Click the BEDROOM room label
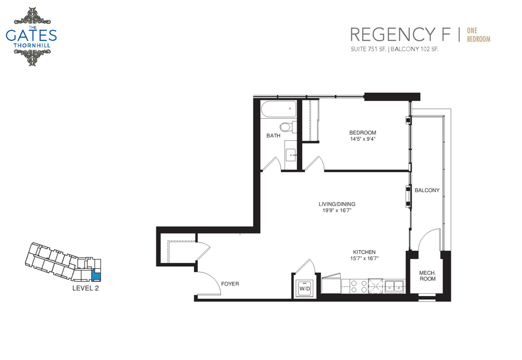362,133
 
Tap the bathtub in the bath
278,109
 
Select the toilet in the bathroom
288,127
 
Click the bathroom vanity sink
291,155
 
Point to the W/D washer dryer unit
304,288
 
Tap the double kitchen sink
394,286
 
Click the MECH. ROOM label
428,276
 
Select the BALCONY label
427,190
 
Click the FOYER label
230,284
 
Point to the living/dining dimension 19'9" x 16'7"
337,210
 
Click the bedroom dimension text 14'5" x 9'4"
362,139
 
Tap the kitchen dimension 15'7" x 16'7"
365,258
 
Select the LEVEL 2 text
86,288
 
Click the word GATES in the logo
31,35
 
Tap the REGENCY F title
400,35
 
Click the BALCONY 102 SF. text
414,49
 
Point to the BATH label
273,136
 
